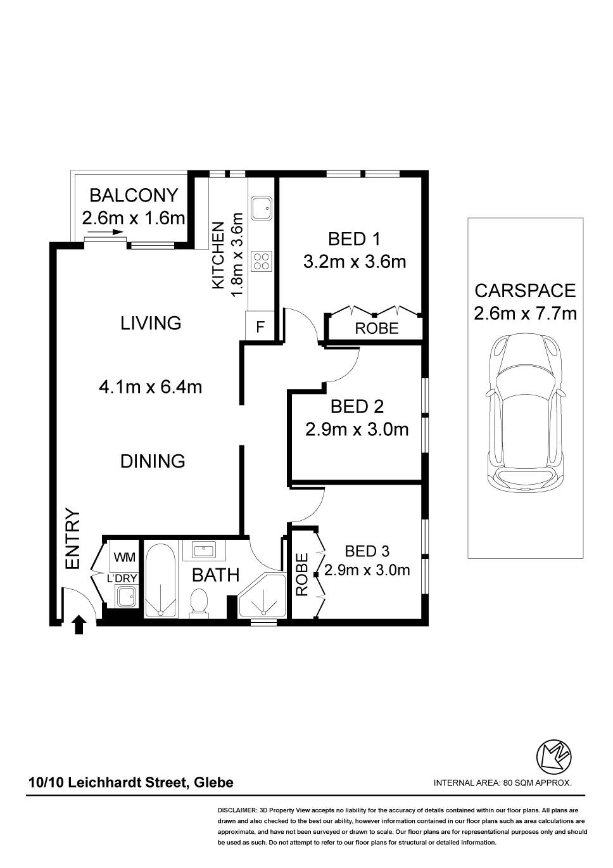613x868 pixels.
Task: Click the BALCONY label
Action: pos(134,195)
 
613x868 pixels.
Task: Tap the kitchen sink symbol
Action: pos(262,208)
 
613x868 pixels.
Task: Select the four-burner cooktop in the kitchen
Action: pos(262,261)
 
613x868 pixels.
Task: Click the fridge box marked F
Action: pos(260,326)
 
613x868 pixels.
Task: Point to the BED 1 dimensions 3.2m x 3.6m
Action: pos(355,262)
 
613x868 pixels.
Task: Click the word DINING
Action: pos(153,461)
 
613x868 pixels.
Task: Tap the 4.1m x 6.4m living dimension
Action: pos(151,386)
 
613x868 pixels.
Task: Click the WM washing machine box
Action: pos(124,557)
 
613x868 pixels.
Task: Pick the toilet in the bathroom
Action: pos(199,603)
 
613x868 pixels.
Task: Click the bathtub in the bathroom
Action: pos(160,580)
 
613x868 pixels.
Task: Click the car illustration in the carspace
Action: pos(525,413)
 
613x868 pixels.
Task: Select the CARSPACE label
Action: pos(525,291)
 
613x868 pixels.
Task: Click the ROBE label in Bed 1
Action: pos(377,329)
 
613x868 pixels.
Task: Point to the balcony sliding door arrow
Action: pos(105,233)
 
